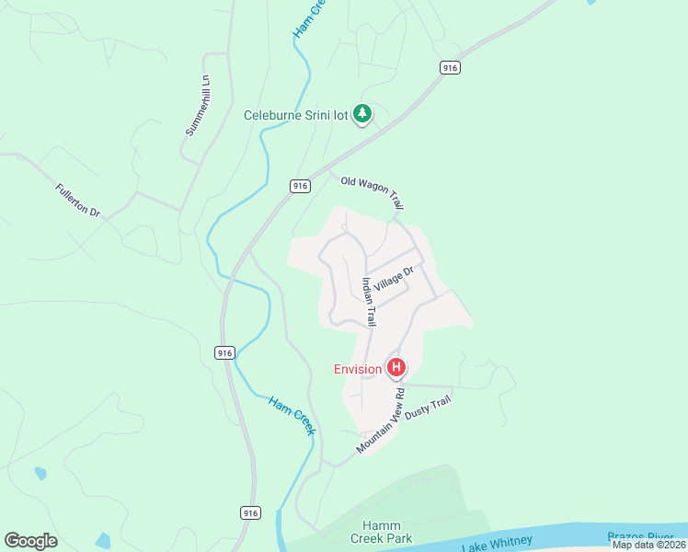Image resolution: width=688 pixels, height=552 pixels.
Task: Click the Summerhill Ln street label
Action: pyautogui.click(x=198, y=106)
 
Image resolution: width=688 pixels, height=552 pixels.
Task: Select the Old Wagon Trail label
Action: pyautogui.click(x=372, y=192)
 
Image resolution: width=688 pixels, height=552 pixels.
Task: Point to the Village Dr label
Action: pyautogui.click(x=394, y=279)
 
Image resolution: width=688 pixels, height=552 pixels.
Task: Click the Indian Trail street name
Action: pyautogui.click(x=368, y=303)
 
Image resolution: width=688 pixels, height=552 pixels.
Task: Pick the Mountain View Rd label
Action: pyautogui.click(x=381, y=420)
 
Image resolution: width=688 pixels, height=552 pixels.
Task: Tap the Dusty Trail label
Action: pyautogui.click(x=428, y=410)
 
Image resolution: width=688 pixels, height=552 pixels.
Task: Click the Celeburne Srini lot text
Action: pyautogui.click(x=298, y=115)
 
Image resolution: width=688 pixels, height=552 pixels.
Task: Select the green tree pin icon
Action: pyautogui.click(x=362, y=114)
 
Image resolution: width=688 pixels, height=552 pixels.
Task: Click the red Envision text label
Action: pyautogui.click(x=357, y=369)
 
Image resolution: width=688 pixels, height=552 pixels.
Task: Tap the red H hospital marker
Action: pyautogui.click(x=396, y=368)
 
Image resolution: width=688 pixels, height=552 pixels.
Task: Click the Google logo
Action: pyautogui.click(x=30, y=541)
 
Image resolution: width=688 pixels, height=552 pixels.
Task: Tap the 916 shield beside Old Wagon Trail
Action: pyautogui.click(x=300, y=186)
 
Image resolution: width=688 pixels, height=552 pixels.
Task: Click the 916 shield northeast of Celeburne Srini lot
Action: pyautogui.click(x=450, y=68)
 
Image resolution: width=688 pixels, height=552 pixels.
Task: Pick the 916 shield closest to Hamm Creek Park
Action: pyautogui.click(x=251, y=512)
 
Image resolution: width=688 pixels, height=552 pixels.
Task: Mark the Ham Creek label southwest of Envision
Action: pyautogui.click(x=292, y=416)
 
